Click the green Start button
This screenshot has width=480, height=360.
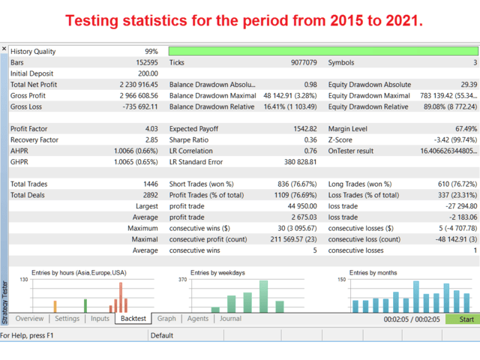pos(462,319)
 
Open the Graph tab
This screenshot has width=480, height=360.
pos(166,319)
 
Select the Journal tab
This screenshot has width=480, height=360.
pos(230,319)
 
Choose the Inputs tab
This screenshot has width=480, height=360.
pos(100,319)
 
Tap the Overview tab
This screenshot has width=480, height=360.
pos(29,319)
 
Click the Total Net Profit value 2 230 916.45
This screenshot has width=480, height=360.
pos(139,85)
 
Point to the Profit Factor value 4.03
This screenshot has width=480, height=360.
pos(151,129)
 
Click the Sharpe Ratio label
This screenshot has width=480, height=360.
pos(189,140)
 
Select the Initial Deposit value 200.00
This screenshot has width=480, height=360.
pos(148,73)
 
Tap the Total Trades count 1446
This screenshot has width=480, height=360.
pos(151,184)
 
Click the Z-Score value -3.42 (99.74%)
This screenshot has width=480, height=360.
pos(455,140)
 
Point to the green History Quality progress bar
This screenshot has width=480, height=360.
pos(323,51)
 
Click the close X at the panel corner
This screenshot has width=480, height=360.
pos(4,49)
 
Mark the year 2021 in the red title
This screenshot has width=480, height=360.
pos(404,21)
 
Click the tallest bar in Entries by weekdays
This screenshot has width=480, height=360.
pos(263,296)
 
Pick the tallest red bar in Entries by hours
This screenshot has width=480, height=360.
pos(121,297)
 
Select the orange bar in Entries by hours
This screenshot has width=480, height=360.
pos(55,307)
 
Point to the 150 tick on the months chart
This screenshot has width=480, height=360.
pos(342,280)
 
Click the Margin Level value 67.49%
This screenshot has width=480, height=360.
pos(466,129)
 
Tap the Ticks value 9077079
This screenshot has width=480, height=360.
pos(304,63)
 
